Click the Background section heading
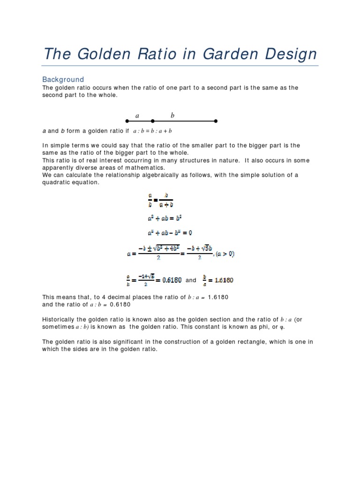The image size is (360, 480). pos(63,79)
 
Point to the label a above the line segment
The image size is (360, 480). pos(137,115)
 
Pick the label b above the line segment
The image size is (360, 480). pos(172,115)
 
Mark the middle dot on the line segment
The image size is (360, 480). pos(151,121)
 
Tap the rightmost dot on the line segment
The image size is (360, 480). pos(216,121)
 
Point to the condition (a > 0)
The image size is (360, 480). pos(225,254)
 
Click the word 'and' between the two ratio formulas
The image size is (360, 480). pos(191,280)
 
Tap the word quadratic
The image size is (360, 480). pos(57,183)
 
